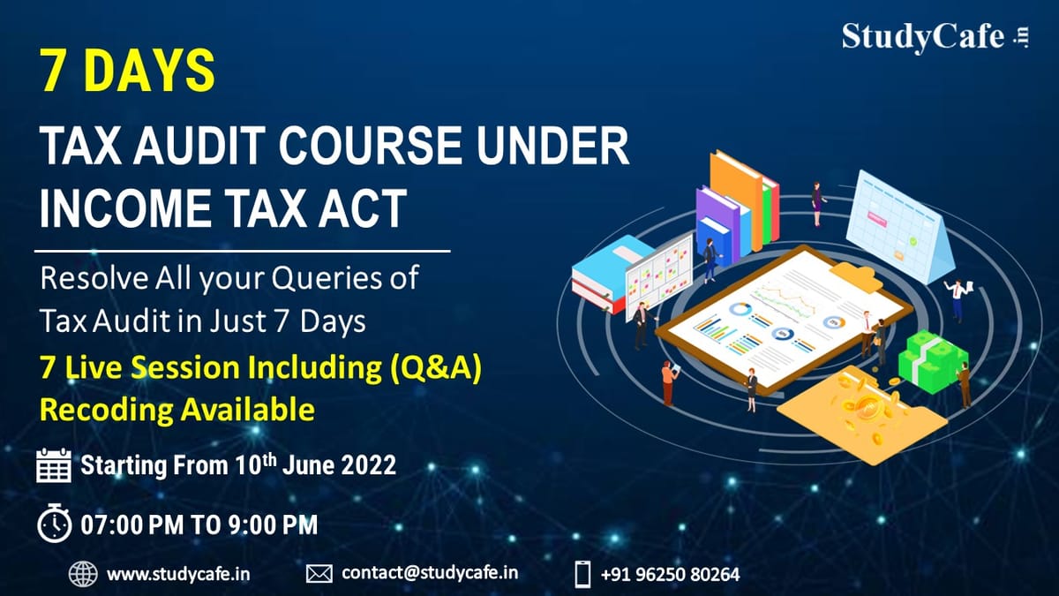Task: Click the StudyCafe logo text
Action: (x=923, y=37)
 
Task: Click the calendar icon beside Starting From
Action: (x=54, y=465)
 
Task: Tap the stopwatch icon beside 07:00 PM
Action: (x=54, y=524)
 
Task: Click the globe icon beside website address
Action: (x=83, y=574)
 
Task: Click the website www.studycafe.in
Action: (x=178, y=574)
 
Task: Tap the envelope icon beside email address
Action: (x=319, y=574)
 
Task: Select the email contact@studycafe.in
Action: (x=430, y=573)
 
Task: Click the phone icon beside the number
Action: (x=582, y=574)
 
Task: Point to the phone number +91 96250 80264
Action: (x=670, y=574)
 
